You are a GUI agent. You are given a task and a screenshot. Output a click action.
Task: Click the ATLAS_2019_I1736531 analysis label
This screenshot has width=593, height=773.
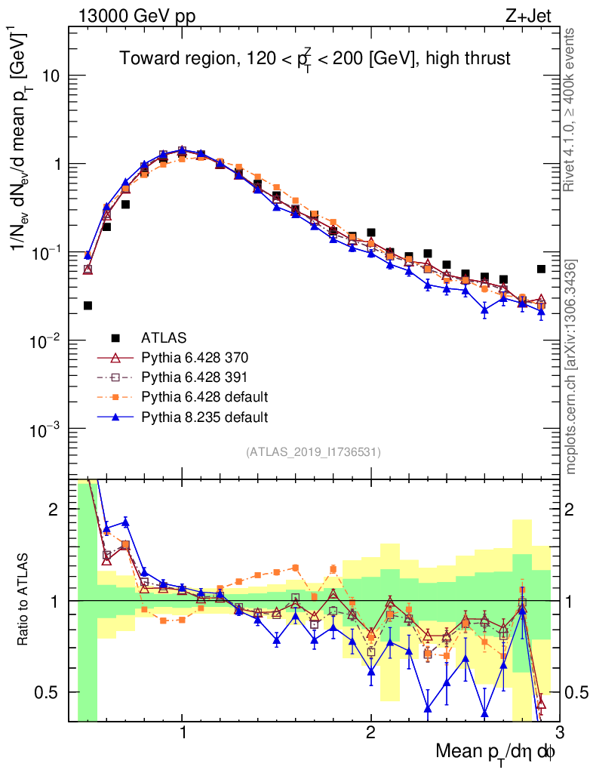313,452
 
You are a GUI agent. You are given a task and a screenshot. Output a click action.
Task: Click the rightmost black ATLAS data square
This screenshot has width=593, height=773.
541,269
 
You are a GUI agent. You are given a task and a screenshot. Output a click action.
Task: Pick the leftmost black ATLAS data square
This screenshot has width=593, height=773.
88,306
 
